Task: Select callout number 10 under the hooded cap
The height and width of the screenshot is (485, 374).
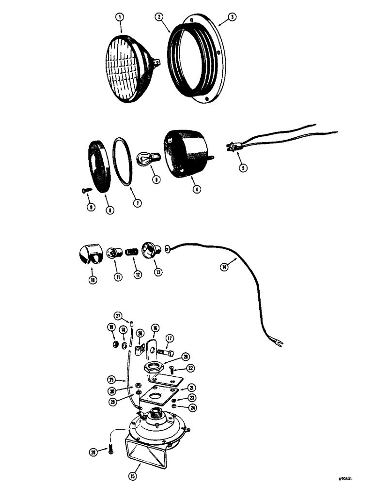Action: point(92,280)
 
